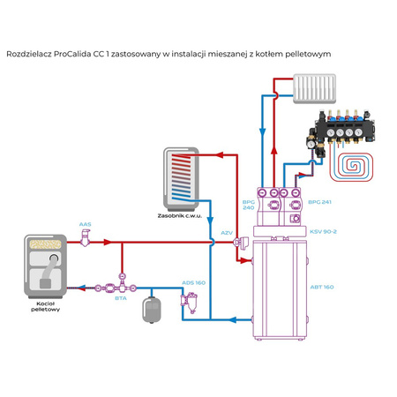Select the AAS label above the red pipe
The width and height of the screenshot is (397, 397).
(x=85, y=225)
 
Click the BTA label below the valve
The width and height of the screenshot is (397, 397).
(x=120, y=298)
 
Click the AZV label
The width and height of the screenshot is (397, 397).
(x=227, y=233)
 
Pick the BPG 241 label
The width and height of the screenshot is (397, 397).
(x=319, y=202)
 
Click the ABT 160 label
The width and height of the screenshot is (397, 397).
(x=322, y=287)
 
